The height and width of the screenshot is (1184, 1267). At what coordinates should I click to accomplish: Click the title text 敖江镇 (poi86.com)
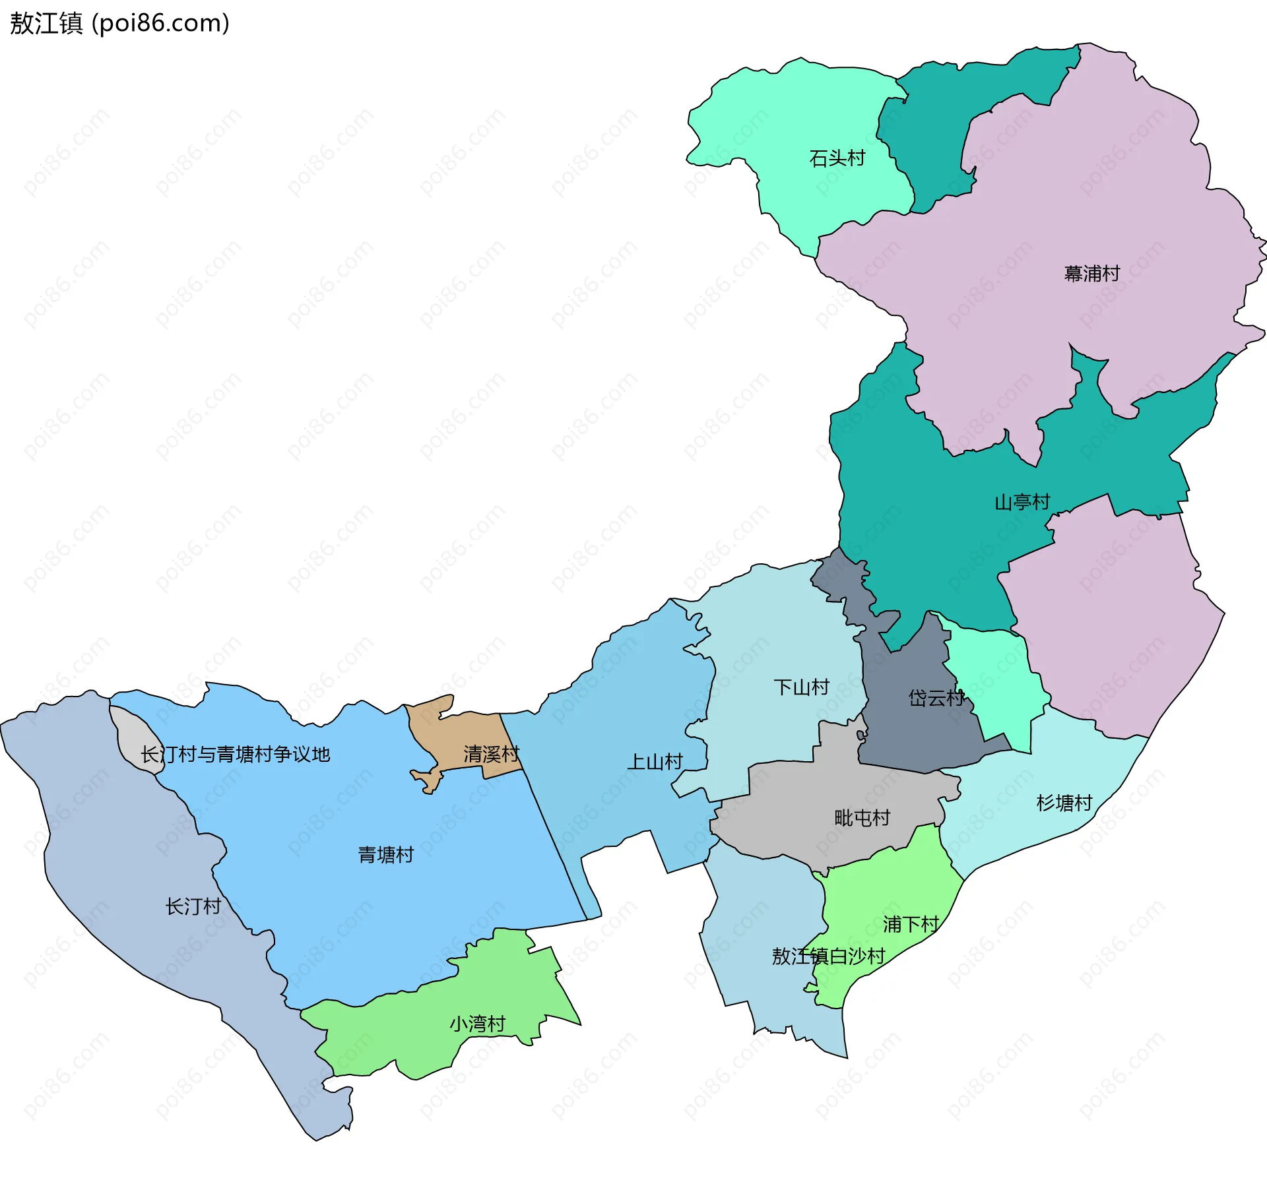pyautogui.click(x=119, y=23)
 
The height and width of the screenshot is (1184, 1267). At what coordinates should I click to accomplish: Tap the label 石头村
pyautogui.click(x=837, y=158)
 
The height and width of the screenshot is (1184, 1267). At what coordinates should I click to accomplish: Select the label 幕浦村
pyautogui.click(x=1091, y=273)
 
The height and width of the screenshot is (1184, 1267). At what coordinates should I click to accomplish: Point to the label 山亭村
pyautogui.click(x=1022, y=502)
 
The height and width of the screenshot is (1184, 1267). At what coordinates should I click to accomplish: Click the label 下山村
pyautogui.click(x=801, y=687)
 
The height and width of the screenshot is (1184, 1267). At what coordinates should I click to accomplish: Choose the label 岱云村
pyautogui.click(x=936, y=698)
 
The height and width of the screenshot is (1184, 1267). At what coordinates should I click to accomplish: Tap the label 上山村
pyautogui.click(x=655, y=762)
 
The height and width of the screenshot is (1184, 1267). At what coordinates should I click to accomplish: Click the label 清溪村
pyautogui.click(x=491, y=754)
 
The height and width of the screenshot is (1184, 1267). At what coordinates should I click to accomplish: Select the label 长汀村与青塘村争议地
pyautogui.click(x=235, y=754)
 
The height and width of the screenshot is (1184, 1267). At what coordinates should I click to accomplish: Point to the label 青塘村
pyautogui.click(x=385, y=855)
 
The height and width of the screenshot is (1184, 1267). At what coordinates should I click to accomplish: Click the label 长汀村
pyautogui.click(x=193, y=906)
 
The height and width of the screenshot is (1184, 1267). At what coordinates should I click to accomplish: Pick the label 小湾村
pyautogui.click(x=477, y=1024)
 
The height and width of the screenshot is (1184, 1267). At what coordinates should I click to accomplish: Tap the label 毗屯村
pyautogui.click(x=862, y=818)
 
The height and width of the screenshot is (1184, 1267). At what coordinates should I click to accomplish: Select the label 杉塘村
pyautogui.click(x=1064, y=803)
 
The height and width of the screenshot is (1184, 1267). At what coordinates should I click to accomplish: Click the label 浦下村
pyautogui.click(x=911, y=924)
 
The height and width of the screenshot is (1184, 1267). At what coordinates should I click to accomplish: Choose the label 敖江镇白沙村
pyautogui.click(x=828, y=956)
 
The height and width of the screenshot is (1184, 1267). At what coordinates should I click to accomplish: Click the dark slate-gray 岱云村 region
pyautogui.click(x=911, y=732)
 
